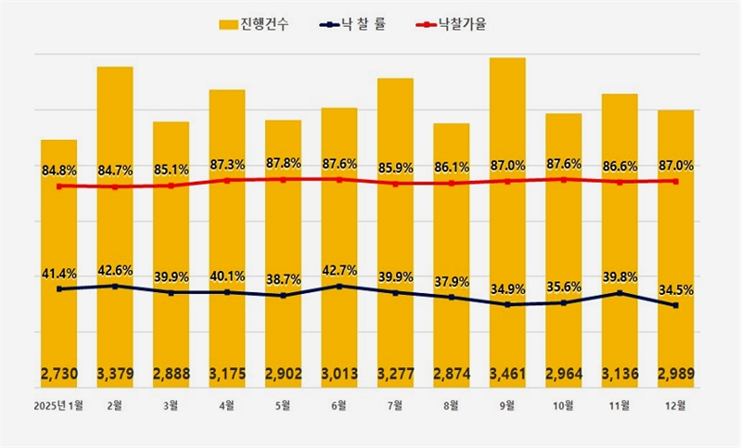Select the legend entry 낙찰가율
pyautogui.click(x=450, y=23)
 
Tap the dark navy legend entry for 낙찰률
pyautogui.click(x=351, y=23)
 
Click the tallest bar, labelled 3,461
pyautogui.click(x=507, y=223)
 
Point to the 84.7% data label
pyautogui.click(x=115, y=171)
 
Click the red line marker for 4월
pyautogui.click(x=227, y=181)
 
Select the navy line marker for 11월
pyautogui.click(x=620, y=293)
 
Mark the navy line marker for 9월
pyautogui.click(x=507, y=304)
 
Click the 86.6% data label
pyautogui.click(x=620, y=166)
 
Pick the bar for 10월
pyautogui.click(x=564, y=250)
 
